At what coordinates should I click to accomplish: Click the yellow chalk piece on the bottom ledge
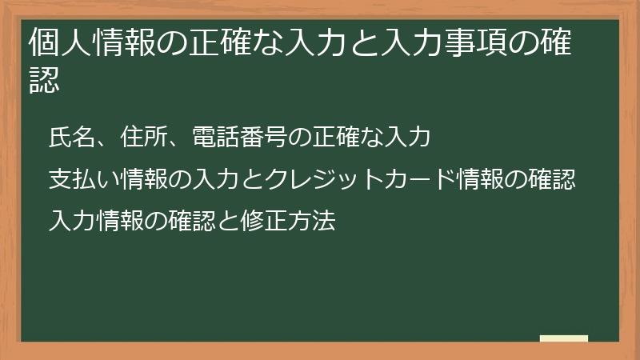point(564,339)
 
